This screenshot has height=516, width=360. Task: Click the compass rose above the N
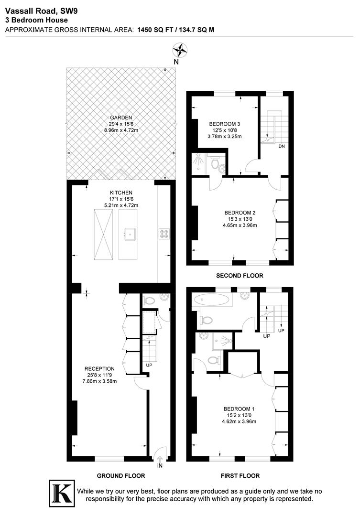coord(179,50)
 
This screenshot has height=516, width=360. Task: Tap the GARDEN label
coord(121,118)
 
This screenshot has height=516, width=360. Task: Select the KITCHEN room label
coord(121,193)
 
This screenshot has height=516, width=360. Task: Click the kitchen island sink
coord(130,234)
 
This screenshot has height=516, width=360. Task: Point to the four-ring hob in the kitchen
coord(164,234)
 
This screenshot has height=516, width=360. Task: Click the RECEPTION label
coord(99,368)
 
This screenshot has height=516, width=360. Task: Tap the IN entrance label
coord(159,465)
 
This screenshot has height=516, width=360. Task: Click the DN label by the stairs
coord(282,146)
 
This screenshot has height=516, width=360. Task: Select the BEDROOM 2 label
coord(240,213)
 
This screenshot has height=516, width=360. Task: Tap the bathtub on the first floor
coord(211,300)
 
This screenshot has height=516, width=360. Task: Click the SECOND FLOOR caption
coord(240,276)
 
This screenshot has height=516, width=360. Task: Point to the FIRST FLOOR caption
coord(240,476)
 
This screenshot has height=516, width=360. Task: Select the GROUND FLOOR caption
coord(121,476)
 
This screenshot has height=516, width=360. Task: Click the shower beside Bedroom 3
coord(198,163)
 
